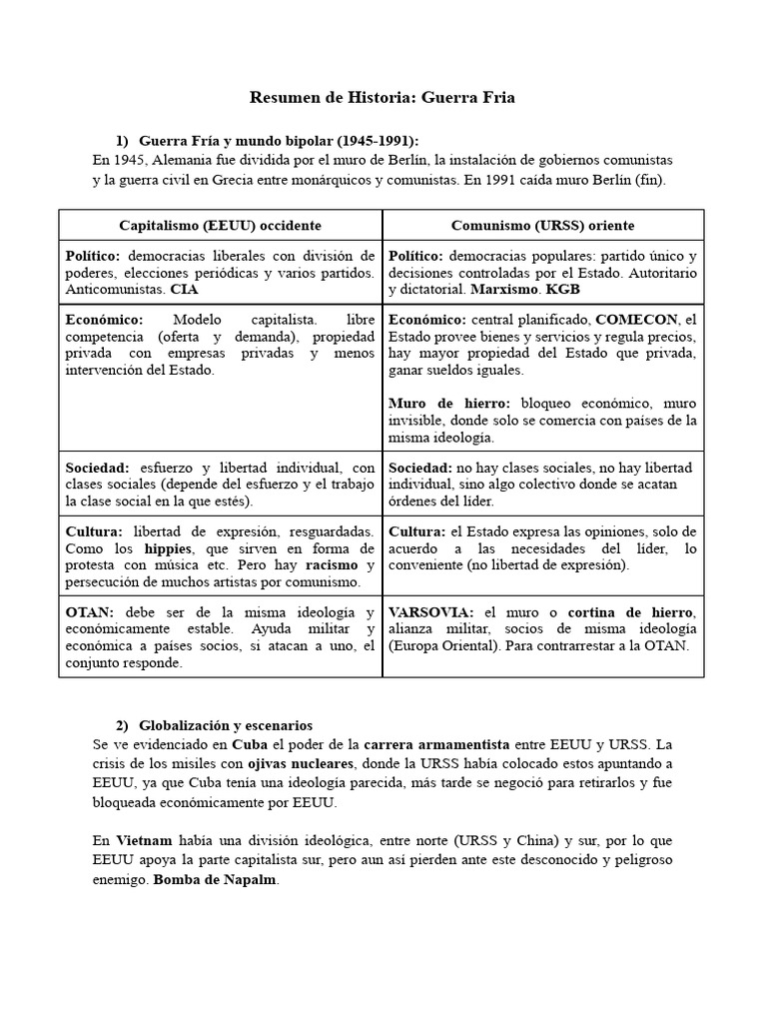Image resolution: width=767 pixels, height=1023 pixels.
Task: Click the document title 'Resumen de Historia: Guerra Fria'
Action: (383, 98)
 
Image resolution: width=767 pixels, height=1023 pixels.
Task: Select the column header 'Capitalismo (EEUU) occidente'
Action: (220, 226)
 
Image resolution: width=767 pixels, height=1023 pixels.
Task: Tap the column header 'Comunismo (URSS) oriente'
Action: (542, 226)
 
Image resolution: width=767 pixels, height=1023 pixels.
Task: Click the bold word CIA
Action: (185, 289)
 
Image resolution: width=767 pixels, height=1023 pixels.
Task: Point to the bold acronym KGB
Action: (563, 289)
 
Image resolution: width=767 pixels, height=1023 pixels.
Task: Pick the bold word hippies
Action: (169, 548)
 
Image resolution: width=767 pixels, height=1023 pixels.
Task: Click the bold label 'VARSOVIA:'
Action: (431, 611)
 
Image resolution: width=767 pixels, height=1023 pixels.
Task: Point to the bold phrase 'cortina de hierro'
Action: (631, 611)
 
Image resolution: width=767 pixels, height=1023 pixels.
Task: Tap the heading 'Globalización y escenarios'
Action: (227, 724)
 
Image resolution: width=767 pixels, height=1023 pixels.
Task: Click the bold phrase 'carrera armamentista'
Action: (436, 744)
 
